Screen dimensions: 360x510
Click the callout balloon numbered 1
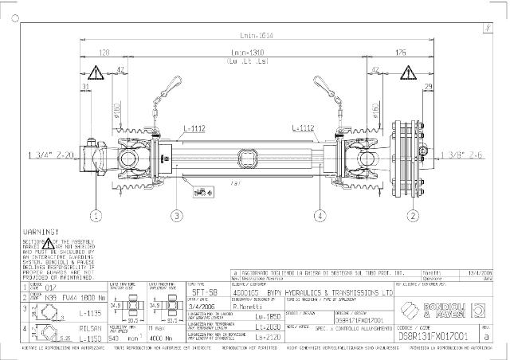pos(96,215)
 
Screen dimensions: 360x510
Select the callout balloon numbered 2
pos(413,215)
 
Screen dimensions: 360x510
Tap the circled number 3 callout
pos(177,215)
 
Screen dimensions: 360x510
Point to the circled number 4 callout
pos(320,215)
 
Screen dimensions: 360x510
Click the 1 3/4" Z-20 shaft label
pos(51,153)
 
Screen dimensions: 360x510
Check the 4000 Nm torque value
pos(162,338)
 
